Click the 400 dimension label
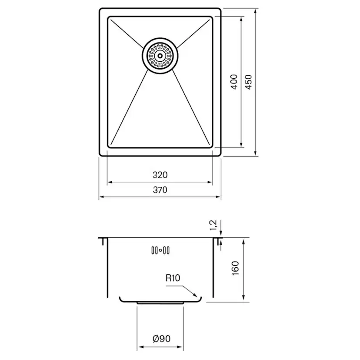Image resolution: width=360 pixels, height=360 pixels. pos(234,82)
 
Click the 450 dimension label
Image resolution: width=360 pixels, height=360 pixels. pos(249,82)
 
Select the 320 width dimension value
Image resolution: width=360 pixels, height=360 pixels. pos(160,175)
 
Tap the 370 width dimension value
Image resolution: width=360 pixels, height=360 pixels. pos(160,190)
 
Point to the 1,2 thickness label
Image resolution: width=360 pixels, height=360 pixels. pos(213,225)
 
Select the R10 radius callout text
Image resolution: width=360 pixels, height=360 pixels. pos(173,278)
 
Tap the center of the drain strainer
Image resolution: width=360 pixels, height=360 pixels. pos(160,55)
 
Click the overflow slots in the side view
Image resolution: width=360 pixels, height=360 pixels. pos(160,250)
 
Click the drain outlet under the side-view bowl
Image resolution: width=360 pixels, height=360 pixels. pos(160,302)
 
